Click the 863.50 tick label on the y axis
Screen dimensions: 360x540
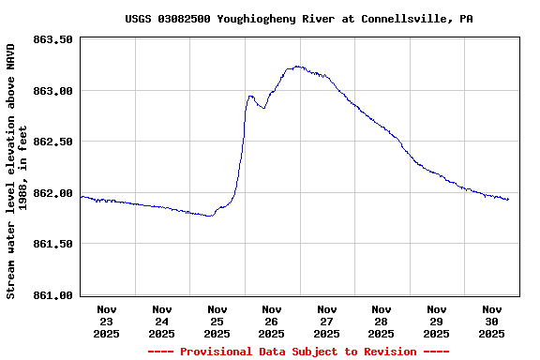coord(53,39)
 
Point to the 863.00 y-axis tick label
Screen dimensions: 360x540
coord(53,91)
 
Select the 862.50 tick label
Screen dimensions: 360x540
coord(53,142)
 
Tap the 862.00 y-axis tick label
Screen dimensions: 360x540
coord(53,193)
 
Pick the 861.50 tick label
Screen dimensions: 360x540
coord(53,244)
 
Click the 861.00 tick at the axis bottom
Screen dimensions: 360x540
coord(53,295)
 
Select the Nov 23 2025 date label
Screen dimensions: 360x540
coord(107,321)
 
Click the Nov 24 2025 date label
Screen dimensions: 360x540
coord(162,321)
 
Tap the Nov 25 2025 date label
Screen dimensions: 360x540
coord(217,321)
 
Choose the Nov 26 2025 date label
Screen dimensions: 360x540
coord(272,321)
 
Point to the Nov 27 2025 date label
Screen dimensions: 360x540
coord(327,321)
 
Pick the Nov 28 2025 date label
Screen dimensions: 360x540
coord(382,321)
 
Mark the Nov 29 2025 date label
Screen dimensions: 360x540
coord(437,321)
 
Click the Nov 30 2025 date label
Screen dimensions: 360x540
coord(492,321)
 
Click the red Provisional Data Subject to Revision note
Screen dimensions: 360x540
coord(297,352)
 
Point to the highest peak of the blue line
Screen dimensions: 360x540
coord(297,67)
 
